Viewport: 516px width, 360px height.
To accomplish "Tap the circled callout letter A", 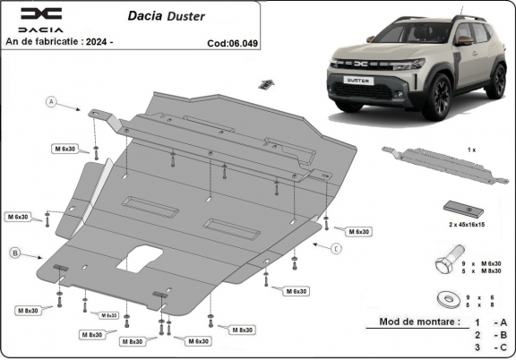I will (52, 104).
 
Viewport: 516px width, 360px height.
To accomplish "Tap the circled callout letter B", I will (13, 253).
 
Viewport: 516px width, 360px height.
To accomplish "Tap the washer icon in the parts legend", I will (443, 298).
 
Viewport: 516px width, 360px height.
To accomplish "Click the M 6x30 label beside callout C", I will (358, 231).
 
